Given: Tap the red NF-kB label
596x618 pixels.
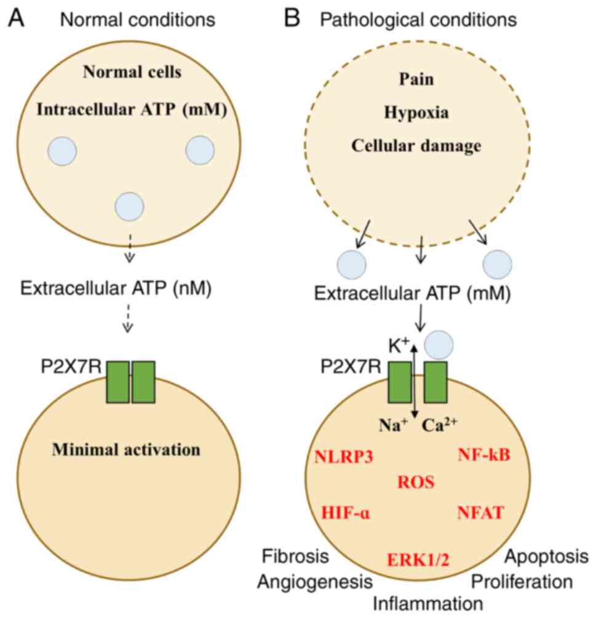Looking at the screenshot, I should tap(485, 455).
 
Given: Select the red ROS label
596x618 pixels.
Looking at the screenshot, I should tap(416, 483).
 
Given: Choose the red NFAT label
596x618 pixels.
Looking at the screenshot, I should tap(481, 512).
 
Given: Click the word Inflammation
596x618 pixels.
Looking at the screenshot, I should tap(429, 602).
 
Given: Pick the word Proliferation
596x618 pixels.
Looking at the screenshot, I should tap(522, 581).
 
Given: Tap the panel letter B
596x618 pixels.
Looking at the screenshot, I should tap(291, 18).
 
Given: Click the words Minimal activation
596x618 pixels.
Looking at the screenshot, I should tap(126, 450).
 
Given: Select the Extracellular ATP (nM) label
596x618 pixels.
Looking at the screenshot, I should tap(116, 288).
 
